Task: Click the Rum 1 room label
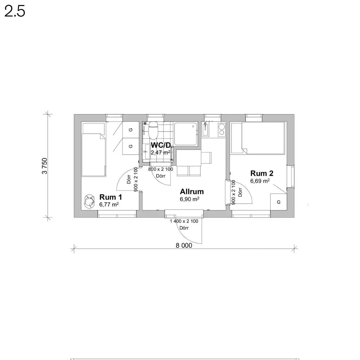111,197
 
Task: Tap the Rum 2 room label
262,173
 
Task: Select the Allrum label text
192,191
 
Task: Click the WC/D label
161,145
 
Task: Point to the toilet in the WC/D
153,130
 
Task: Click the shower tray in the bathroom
186,134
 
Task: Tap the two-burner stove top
221,130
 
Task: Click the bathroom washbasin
146,152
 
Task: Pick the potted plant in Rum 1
89,201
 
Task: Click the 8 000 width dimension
184,245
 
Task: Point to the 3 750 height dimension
44,166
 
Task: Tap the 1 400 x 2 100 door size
184,221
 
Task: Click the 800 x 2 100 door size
161,169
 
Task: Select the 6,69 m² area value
260,181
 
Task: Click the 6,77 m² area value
109,204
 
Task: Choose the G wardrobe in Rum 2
278,202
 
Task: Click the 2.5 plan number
15,11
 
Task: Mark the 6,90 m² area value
189,199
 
